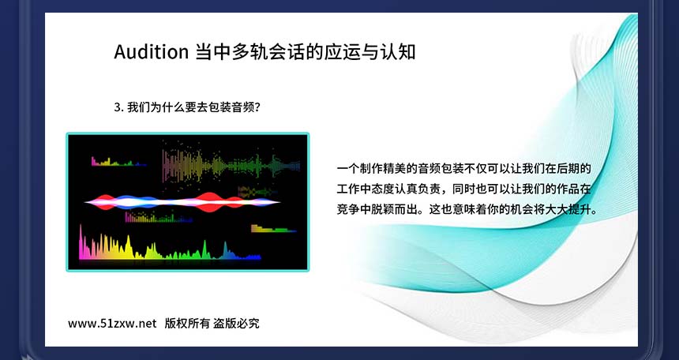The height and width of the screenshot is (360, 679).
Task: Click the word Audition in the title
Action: coord(151,52)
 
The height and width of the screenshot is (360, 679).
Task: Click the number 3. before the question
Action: coord(119,107)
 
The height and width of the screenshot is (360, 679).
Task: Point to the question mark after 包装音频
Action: coord(257,107)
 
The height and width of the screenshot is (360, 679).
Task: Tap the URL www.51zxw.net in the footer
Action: coord(112,324)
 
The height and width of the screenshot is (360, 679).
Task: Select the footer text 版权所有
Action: coord(187,324)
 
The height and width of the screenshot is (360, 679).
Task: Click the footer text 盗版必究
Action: coord(236,324)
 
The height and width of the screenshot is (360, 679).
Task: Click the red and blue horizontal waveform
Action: coord(182,202)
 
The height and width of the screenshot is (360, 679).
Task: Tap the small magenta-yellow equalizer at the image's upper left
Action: coord(118,162)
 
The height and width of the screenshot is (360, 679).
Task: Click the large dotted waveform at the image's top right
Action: coord(231,166)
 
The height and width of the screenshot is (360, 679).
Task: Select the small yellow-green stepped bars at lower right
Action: coord(273,228)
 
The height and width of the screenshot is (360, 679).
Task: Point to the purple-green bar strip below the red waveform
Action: coord(159,217)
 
